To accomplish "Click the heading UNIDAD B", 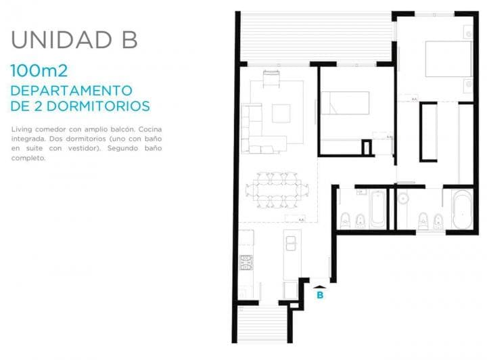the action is [x=74, y=40].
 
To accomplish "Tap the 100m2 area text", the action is [x=39, y=70].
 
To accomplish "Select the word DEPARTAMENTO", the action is [x=72, y=91].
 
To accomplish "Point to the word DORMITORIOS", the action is [x=98, y=106].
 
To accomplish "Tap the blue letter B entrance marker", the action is [x=320, y=295].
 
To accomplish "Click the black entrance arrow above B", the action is [x=320, y=288].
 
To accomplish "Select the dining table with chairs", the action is [x=277, y=189].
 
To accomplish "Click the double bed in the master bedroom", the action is [x=448, y=59].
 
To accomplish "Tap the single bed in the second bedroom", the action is [x=345, y=103].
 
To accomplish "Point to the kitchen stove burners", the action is [x=246, y=263].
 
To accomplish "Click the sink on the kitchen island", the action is [x=291, y=243].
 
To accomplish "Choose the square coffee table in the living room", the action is [x=281, y=114].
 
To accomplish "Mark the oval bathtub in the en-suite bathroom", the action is [x=463, y=209].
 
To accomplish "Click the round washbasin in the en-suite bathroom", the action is [x=403, y=198].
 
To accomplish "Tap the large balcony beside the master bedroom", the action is [x=316, y=37].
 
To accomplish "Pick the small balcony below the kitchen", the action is [x=262, y=324].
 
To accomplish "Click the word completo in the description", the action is [x=28, y=158].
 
